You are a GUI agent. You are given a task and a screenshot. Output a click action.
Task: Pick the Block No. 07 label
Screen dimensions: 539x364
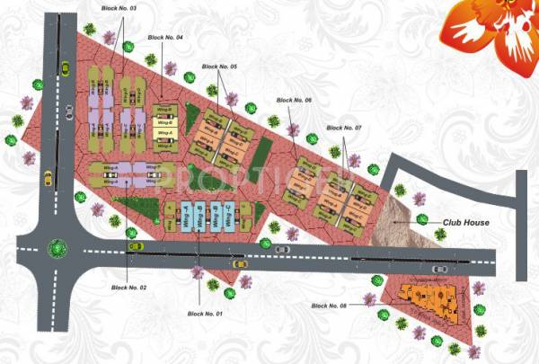(345, 129)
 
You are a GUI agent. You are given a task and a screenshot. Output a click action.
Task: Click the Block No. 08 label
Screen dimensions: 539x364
(330, 306)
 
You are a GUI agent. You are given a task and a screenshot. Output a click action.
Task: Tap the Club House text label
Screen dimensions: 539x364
(464, 222)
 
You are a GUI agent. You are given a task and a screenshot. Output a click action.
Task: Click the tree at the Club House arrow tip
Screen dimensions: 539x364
(420, 218)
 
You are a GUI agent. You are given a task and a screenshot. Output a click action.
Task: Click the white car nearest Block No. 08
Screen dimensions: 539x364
(438, 268)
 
